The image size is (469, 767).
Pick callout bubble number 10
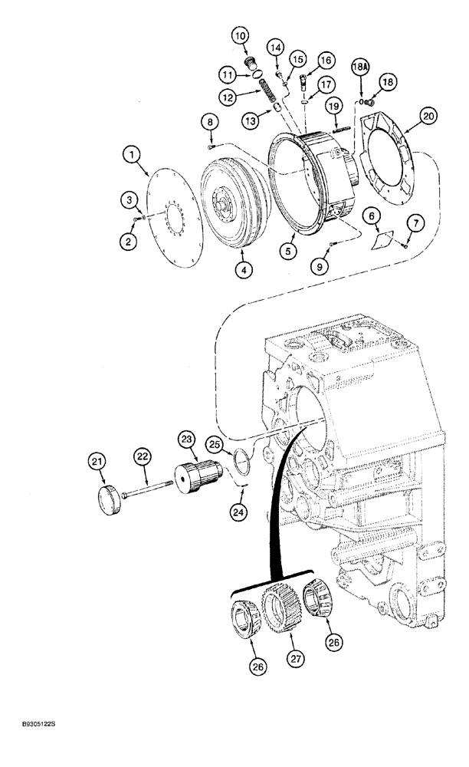pyautogui.click(x=241, y=35)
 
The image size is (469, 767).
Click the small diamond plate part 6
pyautogui.click(x=379, y=239)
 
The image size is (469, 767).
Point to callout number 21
pyautogui.click(x=97, y=461)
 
